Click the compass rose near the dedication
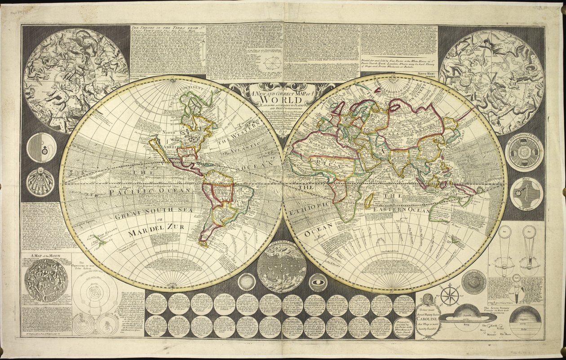(449, 296)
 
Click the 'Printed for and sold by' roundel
(404, 327)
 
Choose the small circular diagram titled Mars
(526, 193)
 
